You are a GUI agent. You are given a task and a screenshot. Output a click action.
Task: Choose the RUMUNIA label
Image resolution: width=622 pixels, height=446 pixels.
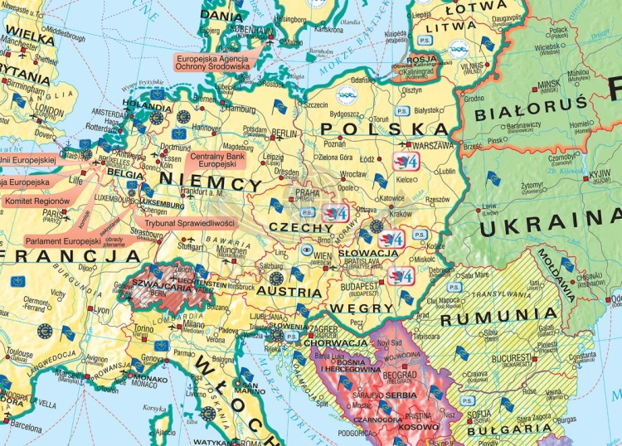(499, 315)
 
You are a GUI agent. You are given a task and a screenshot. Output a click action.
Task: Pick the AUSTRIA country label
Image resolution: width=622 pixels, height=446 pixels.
(289, 293)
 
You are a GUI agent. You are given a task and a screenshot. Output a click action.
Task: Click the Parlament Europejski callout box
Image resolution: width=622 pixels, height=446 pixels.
(62, 240)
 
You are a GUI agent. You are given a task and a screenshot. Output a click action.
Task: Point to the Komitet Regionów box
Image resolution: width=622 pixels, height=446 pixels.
(36, 201)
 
